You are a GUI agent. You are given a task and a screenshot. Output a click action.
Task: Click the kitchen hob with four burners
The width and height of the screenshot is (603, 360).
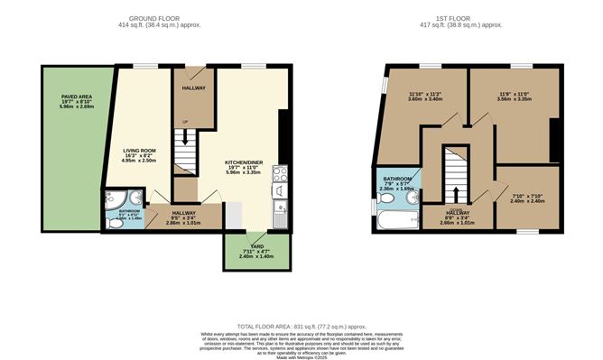tap(281, 175)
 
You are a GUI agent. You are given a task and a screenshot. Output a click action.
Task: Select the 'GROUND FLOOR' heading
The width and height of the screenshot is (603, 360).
tap(165, 17)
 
